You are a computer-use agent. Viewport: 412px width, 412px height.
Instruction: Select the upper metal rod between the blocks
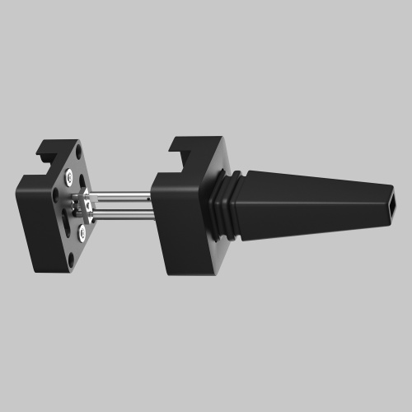point(119,198)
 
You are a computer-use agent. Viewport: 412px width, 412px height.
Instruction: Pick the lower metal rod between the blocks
point(119,216)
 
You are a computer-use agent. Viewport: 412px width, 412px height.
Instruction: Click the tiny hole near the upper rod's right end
point(148,198)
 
